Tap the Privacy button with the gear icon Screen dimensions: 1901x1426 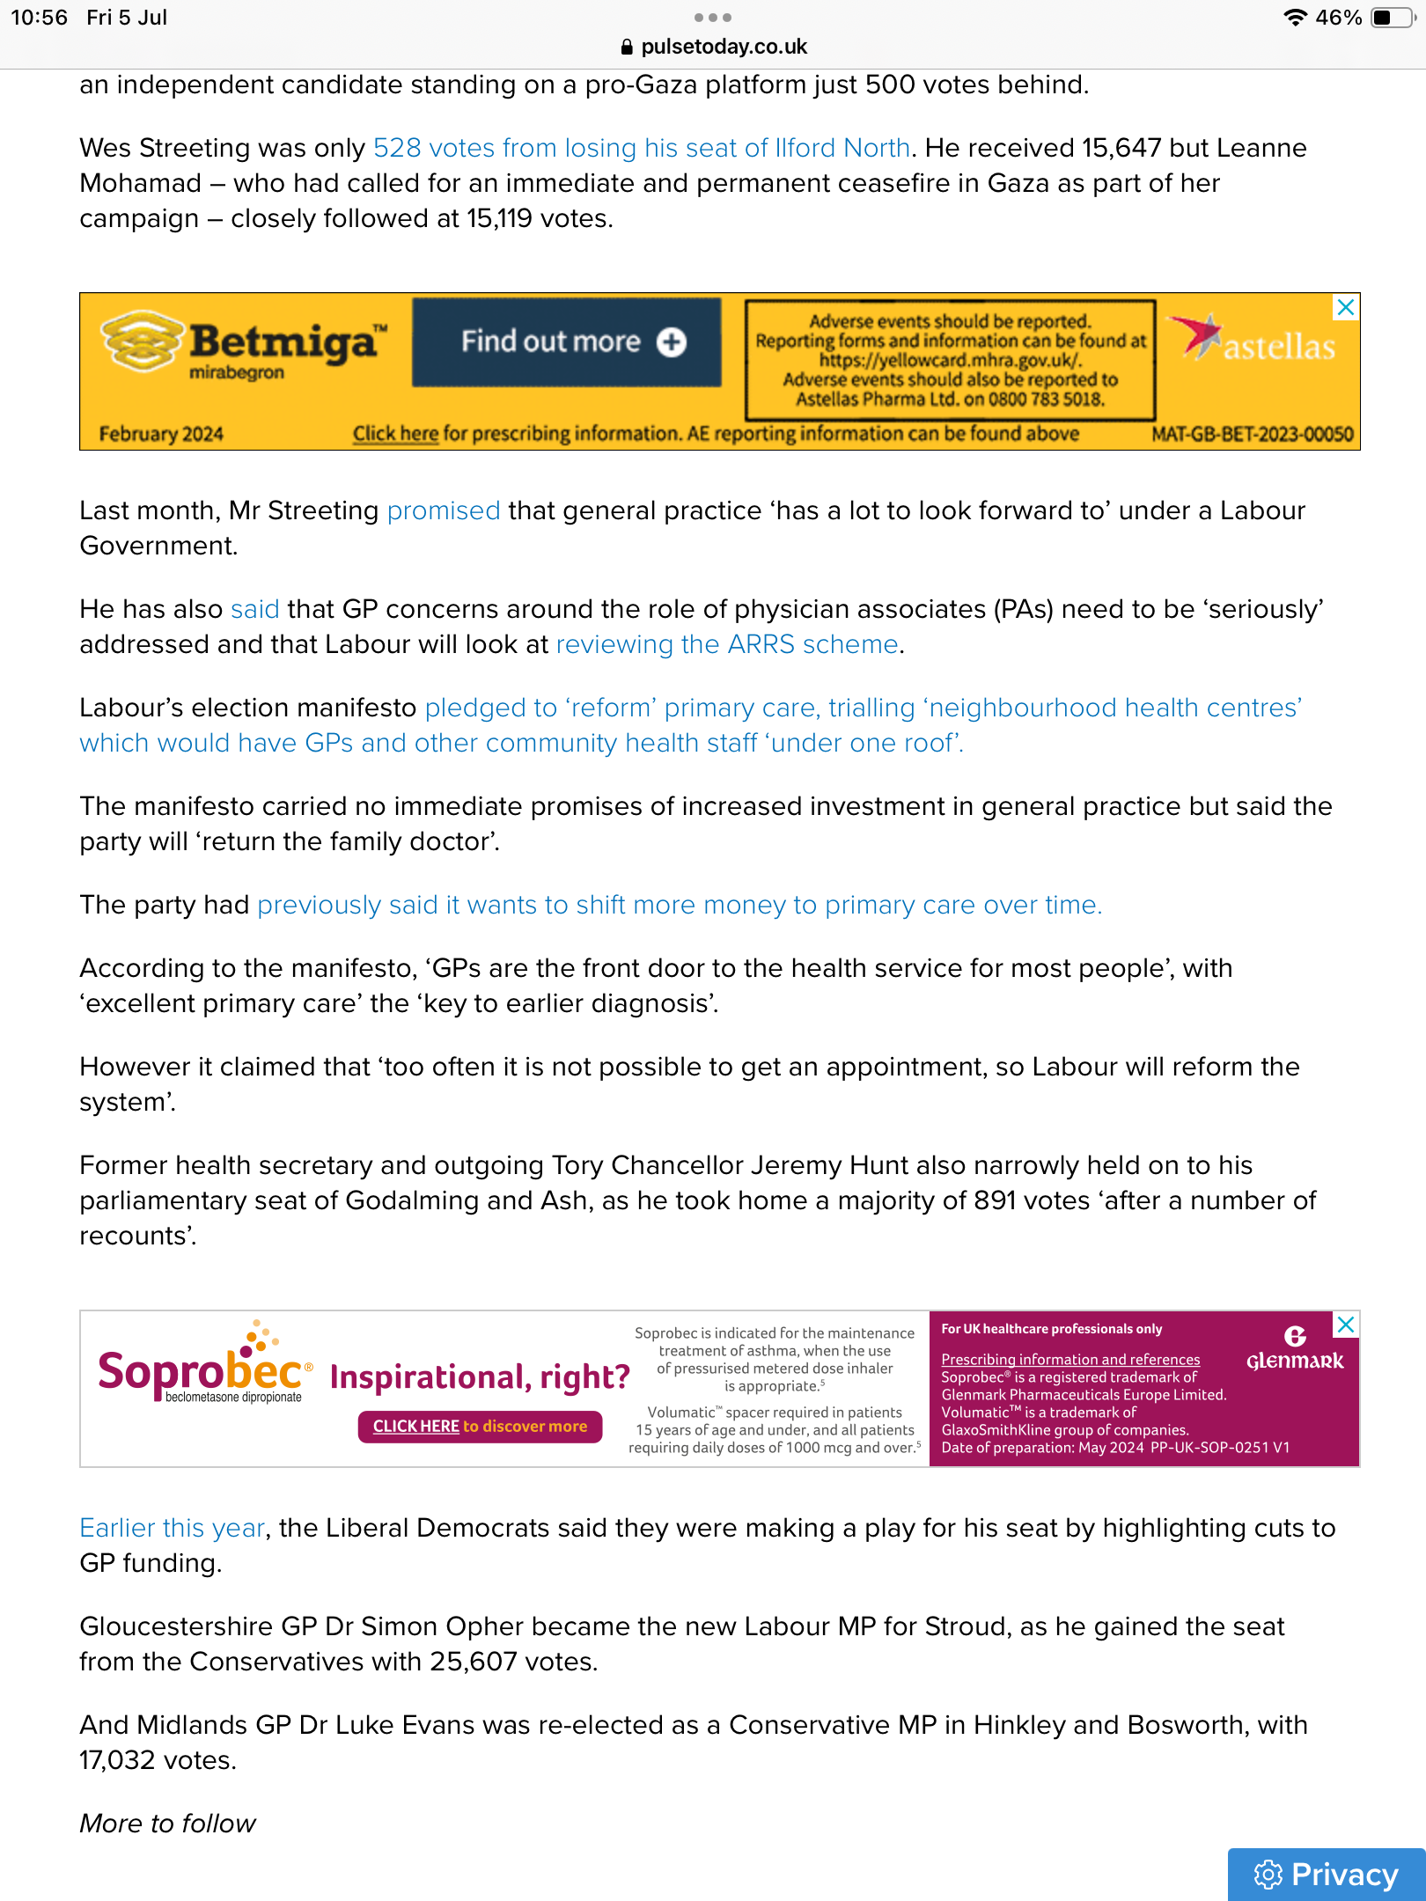click(x=1327, y=1874)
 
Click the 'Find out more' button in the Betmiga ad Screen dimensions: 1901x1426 click(x=567, y=341)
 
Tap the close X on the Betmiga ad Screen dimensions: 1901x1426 click(x=1345, y=307)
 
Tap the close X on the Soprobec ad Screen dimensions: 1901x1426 click(x=1345, y=1325)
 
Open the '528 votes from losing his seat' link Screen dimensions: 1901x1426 click(x=641, y=148)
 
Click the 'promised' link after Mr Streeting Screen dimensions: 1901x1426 click(x=444, y=510)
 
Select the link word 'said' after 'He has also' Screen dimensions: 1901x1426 click(x=254, y=609)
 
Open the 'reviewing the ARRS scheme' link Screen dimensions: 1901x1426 click(x=726, y=644)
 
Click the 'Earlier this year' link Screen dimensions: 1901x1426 click(x=172, y=1528)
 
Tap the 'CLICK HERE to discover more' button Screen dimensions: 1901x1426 click(x=480, y=1426)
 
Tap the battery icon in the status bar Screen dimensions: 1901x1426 click(x=1392, y=18)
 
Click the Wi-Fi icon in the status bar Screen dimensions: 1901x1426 click(x=1294, y=18)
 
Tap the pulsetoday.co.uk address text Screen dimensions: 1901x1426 click(x=724, y=47)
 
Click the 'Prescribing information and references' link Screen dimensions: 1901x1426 click(x=1070, y=1360)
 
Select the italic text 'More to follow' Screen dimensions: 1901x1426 click(x=167, y=1824)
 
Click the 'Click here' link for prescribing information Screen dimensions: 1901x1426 click(x=395, y=433)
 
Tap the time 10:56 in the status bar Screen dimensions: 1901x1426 click(x=39, y=18)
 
